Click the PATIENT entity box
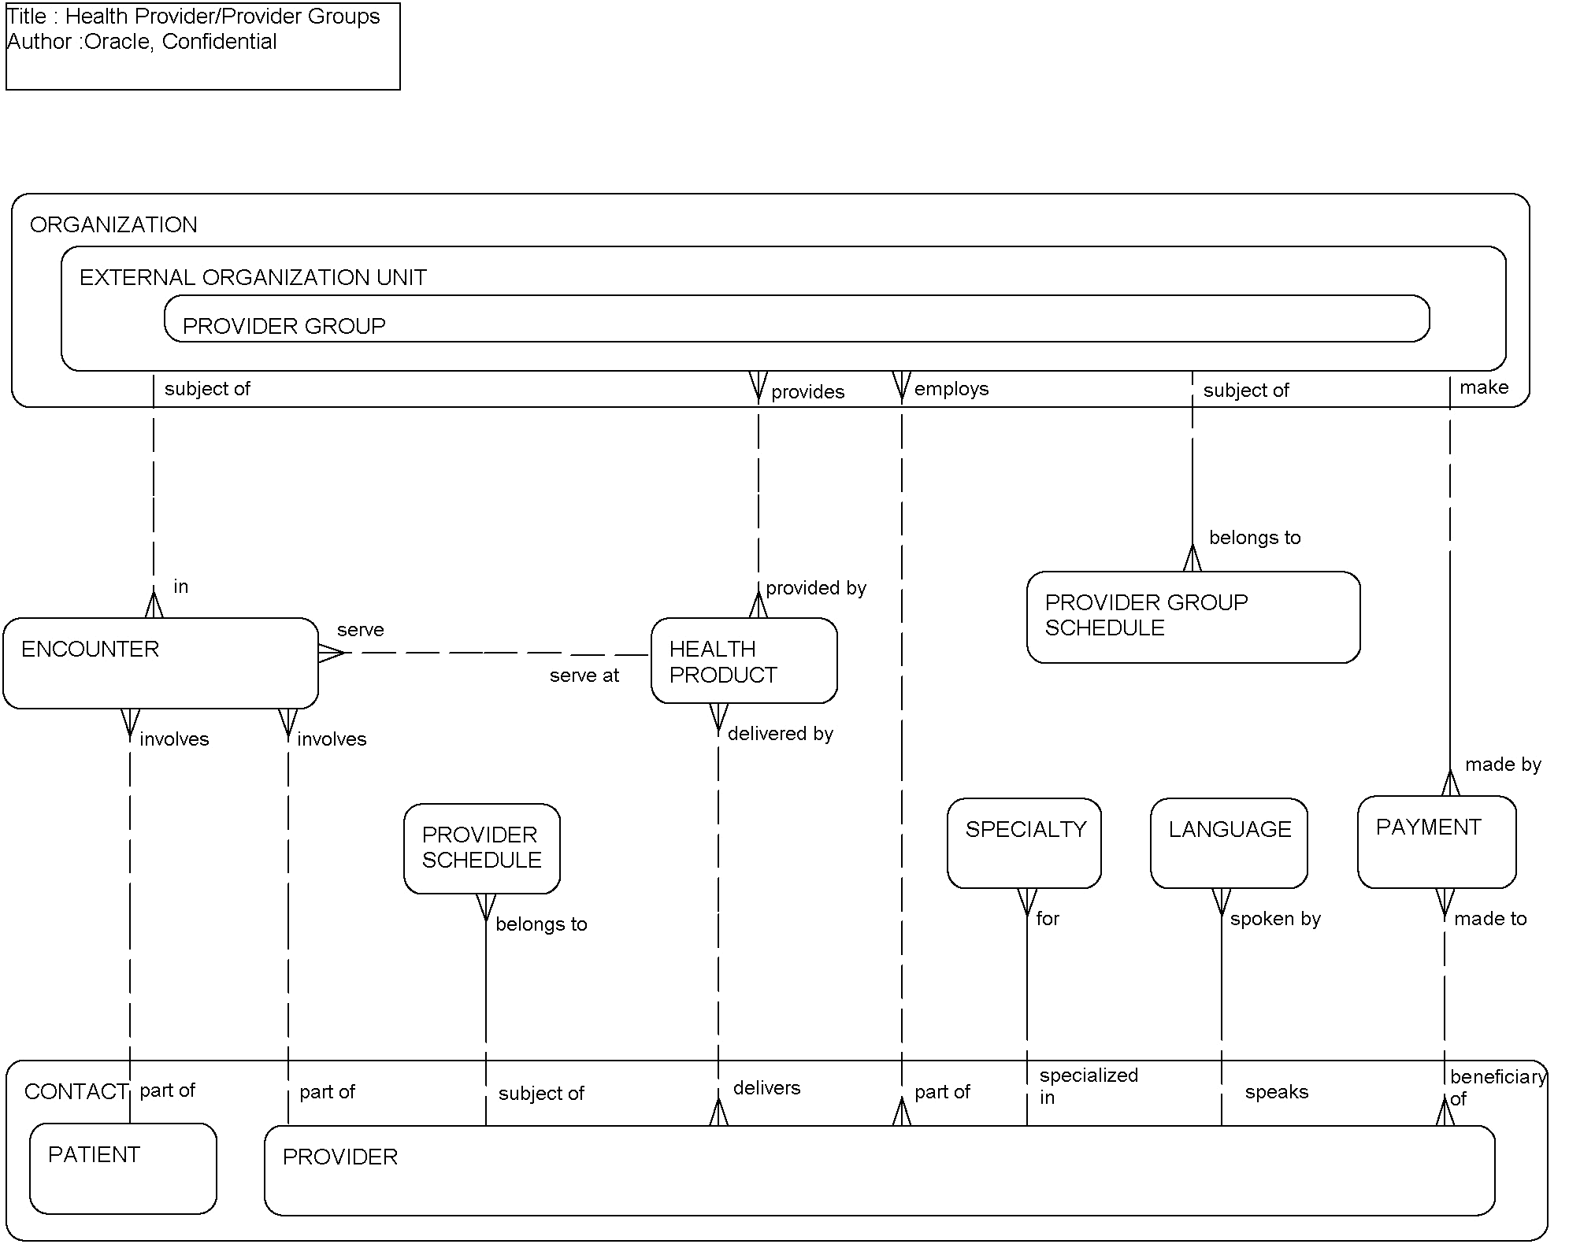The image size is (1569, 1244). pyautogui.click(x=123, y=1168)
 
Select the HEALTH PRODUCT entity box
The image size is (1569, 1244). pyautogui.click(x=744, y=661)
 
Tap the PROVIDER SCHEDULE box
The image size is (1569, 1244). pyautogui.click(x=481, y=848)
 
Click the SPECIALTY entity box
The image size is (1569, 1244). pyautogui.click(x=1024, y=843)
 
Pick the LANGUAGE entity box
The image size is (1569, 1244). pyautogui.click(x=1229, y=843)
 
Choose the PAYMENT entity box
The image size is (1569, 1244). pyautogui.click(x=1436, y=842)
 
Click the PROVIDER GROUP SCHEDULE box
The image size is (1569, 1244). pyautogui.click(x=1193, y=616)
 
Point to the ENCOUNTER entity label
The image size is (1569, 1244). pyautogui.click(x=90, y=649)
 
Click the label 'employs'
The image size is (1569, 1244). pyautogui.click(x=951, y=389)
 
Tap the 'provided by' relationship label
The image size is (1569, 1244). pyautogui.click(x=816, y=588)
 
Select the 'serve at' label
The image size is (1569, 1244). pyautogui.click(x=584, y=676)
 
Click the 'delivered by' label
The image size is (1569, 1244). pyautogui.click(x=780, y=734)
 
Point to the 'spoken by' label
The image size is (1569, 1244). pyautogui.click(x=1275, y=919)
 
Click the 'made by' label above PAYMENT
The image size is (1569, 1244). pyautogui.click(x=1503, y=765)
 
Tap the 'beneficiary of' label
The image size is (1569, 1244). pyautogui.click(x=1497, y=1087)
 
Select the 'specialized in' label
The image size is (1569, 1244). pyautogui.click(x=1088, y=1086)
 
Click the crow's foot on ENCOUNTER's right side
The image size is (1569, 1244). pyautogui.click(x=331, y=653)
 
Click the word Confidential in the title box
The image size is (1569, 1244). pyautogui.click(x=219, y=42)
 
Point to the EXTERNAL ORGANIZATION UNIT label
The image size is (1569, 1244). pyautogui.click(x=253, y=277)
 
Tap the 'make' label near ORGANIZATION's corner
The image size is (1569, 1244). pyautogui.click(x=1484, y=387)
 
